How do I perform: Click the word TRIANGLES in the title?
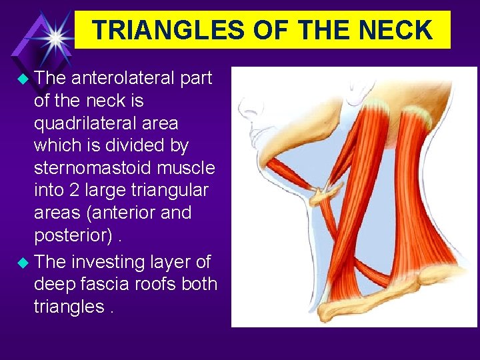coord(155,30)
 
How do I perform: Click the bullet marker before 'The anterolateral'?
coord(23,79)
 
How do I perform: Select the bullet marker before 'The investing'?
coord(23,262)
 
